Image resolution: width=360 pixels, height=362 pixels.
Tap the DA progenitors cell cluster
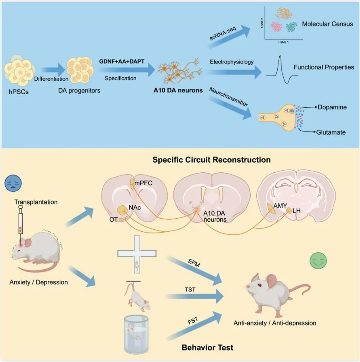(x=79, y=69)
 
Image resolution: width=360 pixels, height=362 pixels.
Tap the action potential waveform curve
(x=280, y=67)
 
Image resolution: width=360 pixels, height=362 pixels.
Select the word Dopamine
(x=332, y=107)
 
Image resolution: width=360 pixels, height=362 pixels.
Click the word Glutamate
(x=331, y=132)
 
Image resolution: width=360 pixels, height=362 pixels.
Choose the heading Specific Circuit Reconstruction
(x=212, y=160)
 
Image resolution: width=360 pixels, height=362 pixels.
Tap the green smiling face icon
(x=318, y=261)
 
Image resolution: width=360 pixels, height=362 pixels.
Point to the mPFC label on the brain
(x=143, y=184)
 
